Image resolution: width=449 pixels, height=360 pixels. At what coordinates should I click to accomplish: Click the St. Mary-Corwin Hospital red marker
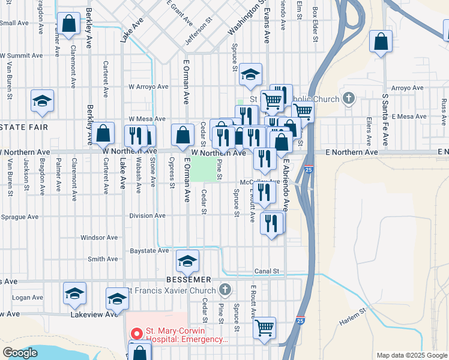(x=136, y=332)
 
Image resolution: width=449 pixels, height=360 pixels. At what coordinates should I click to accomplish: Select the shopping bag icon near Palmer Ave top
(x=69, y=25)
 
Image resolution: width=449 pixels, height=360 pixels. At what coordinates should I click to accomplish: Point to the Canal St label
(x=267, y=271)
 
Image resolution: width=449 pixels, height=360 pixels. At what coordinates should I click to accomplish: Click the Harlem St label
(x=353, y=319)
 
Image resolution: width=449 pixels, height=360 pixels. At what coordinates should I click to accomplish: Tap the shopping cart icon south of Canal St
(x=264, y=328)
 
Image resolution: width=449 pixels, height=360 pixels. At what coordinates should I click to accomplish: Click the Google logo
(x=20, y=352)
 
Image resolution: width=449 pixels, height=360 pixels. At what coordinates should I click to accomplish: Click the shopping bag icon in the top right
(x=381, y=42)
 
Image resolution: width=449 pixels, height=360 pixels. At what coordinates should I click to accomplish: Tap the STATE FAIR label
(x=19, y=127)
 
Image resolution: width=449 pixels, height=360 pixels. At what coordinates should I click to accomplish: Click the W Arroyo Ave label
(x=148, y=86)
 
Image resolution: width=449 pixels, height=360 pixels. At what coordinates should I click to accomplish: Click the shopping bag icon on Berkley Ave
(x=104, y=133)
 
